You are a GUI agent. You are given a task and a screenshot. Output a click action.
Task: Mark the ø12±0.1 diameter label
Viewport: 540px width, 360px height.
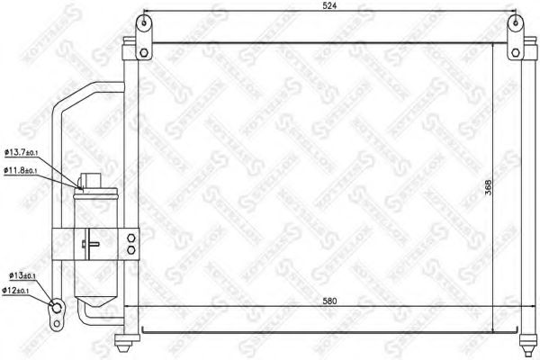click(20, 290)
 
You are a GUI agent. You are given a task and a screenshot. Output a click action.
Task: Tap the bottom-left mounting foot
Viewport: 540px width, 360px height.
click(125, 343)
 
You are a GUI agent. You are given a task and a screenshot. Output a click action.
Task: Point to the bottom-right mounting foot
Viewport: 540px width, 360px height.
click(529, 343)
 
